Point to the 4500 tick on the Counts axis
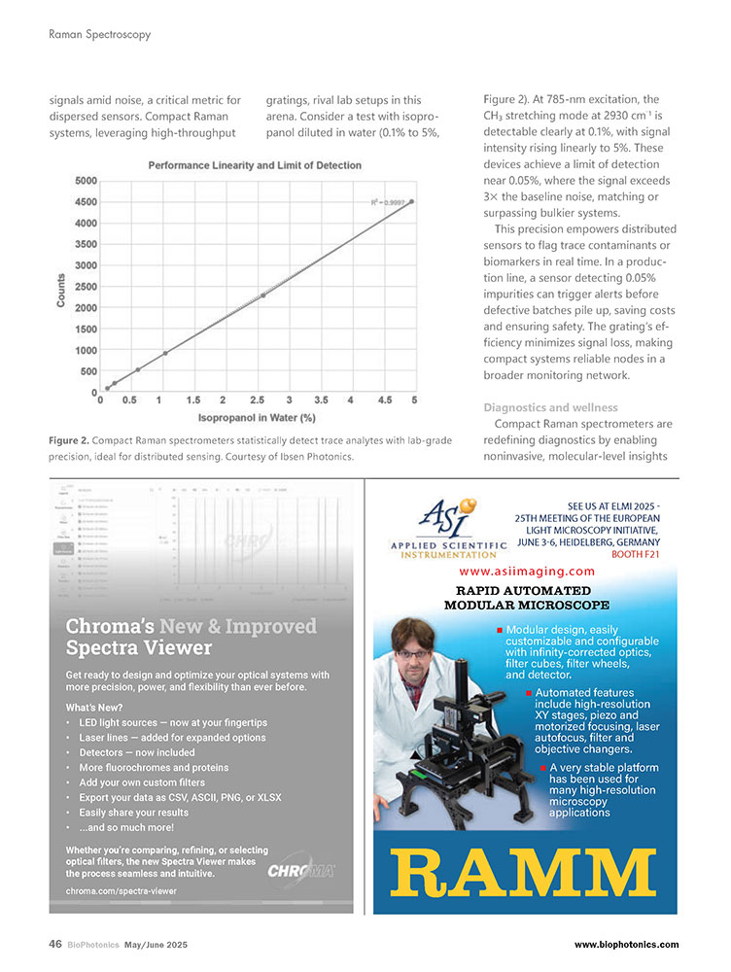point(85,202)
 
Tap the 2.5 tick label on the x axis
point(257,400)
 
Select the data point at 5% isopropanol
point(412,201)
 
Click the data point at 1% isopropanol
point(165,353)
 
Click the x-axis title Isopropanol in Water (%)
point(258,418)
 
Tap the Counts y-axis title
point(61,290)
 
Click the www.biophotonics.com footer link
point(626,944)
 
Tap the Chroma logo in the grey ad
point(301,868)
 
